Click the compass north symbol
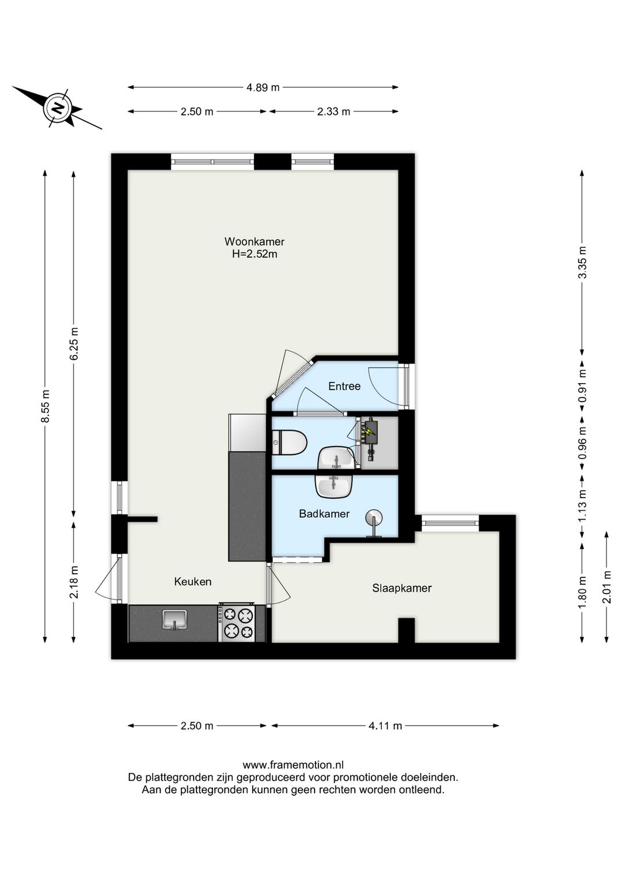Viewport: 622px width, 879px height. tap(57, 108)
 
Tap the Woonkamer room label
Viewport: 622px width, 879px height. tap(255, 241)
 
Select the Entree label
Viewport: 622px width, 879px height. tap(344, 386)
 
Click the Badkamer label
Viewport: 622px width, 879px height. tap(324, 514)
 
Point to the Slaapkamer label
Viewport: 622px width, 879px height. tap(402, 588)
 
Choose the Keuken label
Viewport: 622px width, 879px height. tap(193, 582)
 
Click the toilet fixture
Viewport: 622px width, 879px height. tap(290, 442)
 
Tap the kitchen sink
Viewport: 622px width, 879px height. tap(175, 620)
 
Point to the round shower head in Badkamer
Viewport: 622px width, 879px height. tap(374, 517)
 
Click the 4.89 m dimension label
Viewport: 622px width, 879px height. tap(263, 87)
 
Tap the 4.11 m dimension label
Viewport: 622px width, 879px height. tap(385, 726)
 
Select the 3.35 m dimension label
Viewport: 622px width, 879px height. tap(582, 262)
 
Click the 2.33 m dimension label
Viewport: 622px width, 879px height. tap(333, 111)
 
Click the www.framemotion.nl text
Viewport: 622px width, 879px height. tap(293, 765)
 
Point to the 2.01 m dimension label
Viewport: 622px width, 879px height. tap(608, 586)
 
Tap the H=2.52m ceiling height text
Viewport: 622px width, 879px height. tap(255, 254)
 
